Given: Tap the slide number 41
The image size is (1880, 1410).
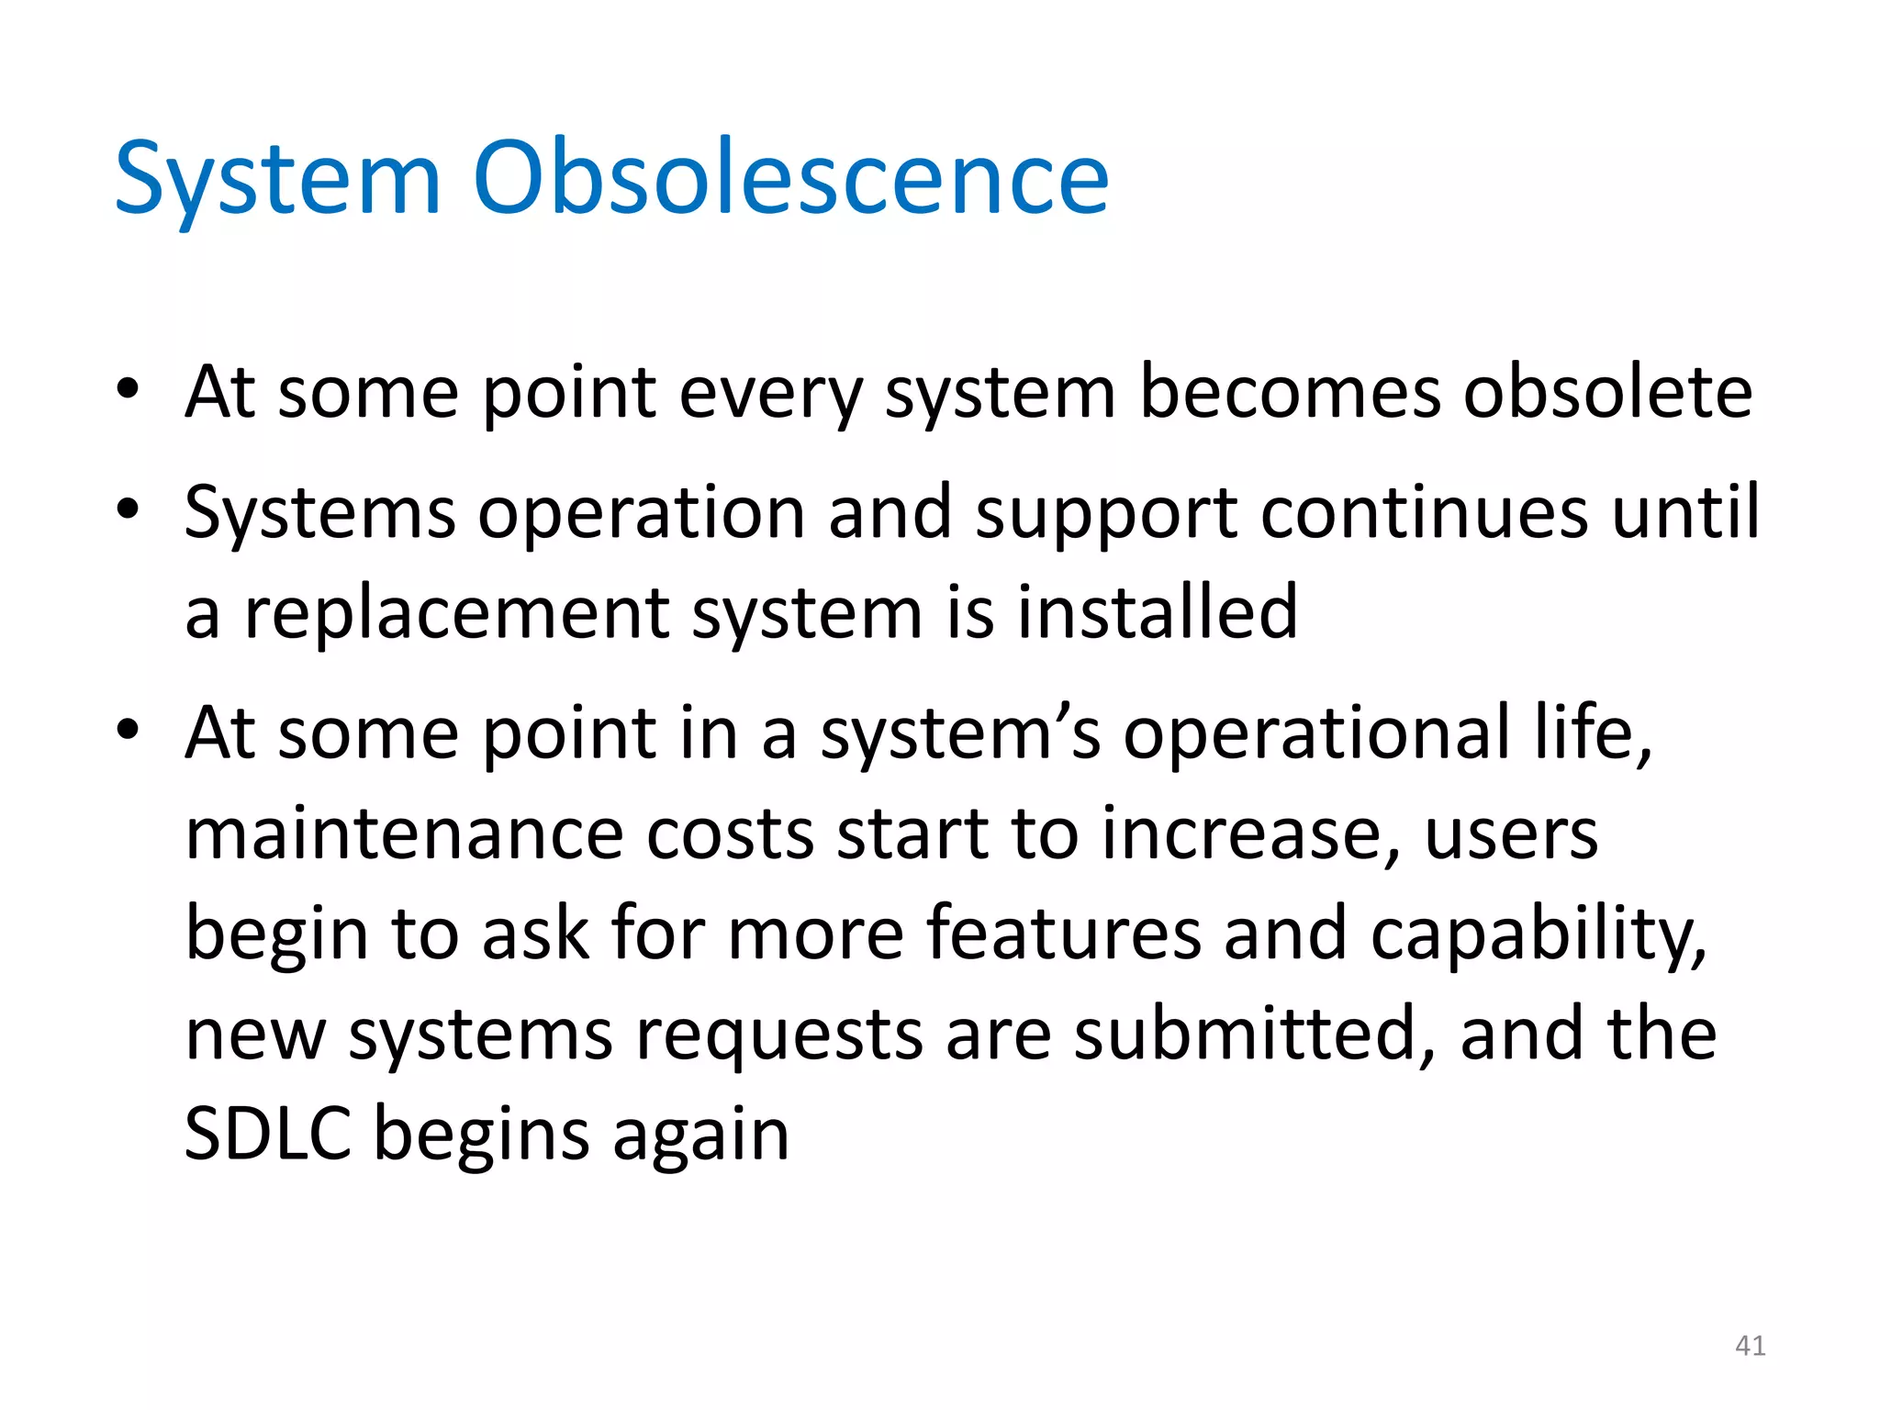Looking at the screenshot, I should click(x=1750, y=1346).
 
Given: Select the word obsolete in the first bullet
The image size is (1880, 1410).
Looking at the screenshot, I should click(x=1607, y=392).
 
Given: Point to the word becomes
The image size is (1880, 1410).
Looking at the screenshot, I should click(x=1290, y=392).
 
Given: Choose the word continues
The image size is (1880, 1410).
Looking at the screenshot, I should click(x=1424, y=511).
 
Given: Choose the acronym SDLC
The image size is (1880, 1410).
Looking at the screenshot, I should click(x=269, y=1134).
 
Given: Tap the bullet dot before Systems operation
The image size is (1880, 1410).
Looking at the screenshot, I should click(x=128, y=508).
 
